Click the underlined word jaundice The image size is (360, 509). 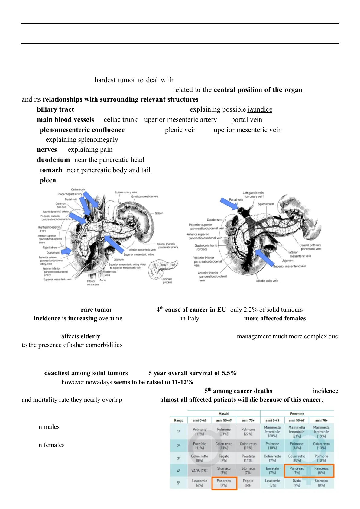coord(260,109)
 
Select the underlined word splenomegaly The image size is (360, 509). coord(98,140)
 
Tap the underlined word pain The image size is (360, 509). coord(106,150)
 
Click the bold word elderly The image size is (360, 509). coord(90,336)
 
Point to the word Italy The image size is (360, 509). coord(193,318)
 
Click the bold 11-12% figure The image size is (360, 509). coord(182,382)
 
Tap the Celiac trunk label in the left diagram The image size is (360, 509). coord(78,190)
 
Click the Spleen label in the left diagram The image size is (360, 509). coord(159,213)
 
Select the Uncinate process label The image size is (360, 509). coord(167,280)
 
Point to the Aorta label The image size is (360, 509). coord(103,280)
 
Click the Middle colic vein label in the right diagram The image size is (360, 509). coord(267,281)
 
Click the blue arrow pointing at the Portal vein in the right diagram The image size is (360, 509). coord(229,204)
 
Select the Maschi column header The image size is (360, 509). coord(224,413)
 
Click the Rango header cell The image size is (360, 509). coord(179,420)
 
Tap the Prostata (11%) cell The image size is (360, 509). coord(248,458)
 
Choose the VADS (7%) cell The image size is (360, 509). coord(199,471)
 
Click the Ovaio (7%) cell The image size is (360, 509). coord(297,483)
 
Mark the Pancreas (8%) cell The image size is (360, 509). coord(321,471)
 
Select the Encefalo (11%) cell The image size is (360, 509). coord(199,446)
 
